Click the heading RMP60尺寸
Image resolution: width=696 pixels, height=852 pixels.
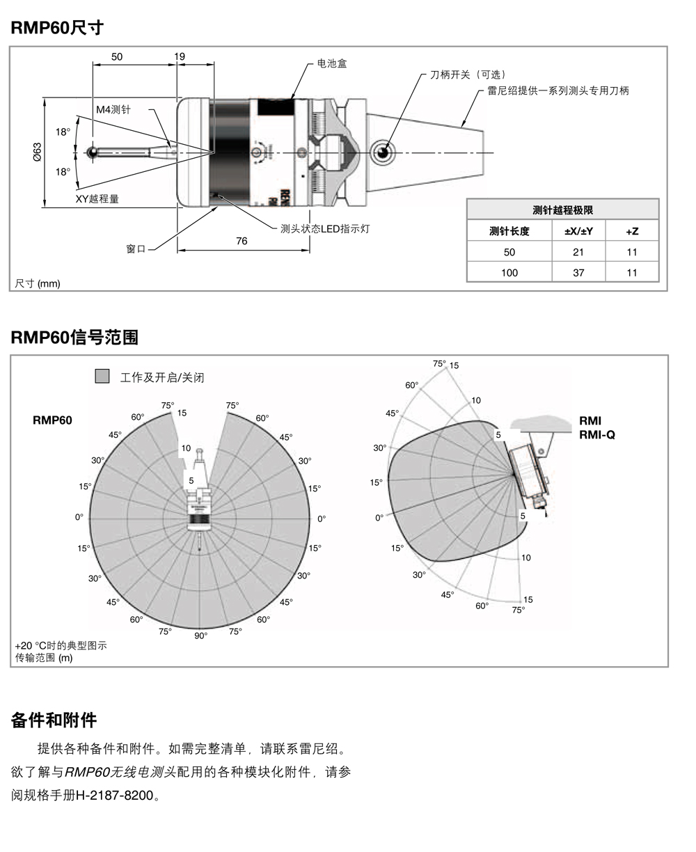click(x=57, y=28)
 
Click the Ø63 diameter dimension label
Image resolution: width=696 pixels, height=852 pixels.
click(x=38, y=152)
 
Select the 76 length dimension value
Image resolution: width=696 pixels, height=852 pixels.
click(x=242, y=241)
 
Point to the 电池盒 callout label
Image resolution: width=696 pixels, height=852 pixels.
click(x=332, y=63)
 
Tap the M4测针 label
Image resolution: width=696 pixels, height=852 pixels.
click(x=113, y=110)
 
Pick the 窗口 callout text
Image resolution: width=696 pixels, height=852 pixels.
click(x=136, y=248)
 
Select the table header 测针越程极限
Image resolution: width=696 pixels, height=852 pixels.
click(x=562, y=210)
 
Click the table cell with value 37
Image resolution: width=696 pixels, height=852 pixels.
click(x=578, y=272)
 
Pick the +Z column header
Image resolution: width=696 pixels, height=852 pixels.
click(x=631, y=231)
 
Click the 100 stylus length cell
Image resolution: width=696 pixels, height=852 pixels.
click(x=509, y=272)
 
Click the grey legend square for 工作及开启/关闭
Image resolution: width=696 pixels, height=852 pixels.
click(x=102, y=377)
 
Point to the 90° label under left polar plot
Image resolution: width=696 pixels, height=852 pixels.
click(x=200, y=636)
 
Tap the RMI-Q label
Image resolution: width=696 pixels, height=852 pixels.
click(x=596, y=435)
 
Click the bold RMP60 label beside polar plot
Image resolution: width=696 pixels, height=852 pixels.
click(x=52, y=420)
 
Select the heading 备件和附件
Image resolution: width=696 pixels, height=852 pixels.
click(x=54, y=720)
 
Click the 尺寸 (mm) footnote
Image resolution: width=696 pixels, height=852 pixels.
click(x=38, y=283)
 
